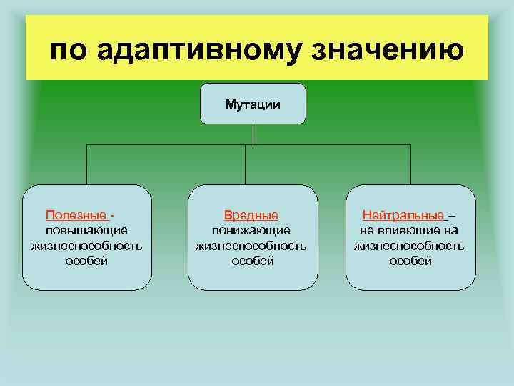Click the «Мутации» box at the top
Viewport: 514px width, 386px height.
pos(253,104)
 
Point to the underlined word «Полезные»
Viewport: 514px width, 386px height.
pos(77,215)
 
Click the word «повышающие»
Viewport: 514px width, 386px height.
pos(86,230)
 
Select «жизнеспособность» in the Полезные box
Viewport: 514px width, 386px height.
pos(86,246)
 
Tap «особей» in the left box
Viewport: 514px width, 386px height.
pos(86,262)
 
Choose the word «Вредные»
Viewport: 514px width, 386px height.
pos(251,215)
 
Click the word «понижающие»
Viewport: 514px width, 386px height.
pos(251,230)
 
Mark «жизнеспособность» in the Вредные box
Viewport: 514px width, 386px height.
pos(251,246)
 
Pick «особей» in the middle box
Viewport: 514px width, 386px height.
pos(252,262)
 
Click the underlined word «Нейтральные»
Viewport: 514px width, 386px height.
pos(403,215)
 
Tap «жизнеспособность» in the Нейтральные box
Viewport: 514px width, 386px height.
pos(410,246)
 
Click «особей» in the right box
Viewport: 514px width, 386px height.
pos(410,262)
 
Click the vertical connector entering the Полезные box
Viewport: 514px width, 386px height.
pos(87,165)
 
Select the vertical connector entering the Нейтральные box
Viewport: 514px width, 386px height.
pos(410,165)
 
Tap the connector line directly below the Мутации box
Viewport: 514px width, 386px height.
pos(253,135)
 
